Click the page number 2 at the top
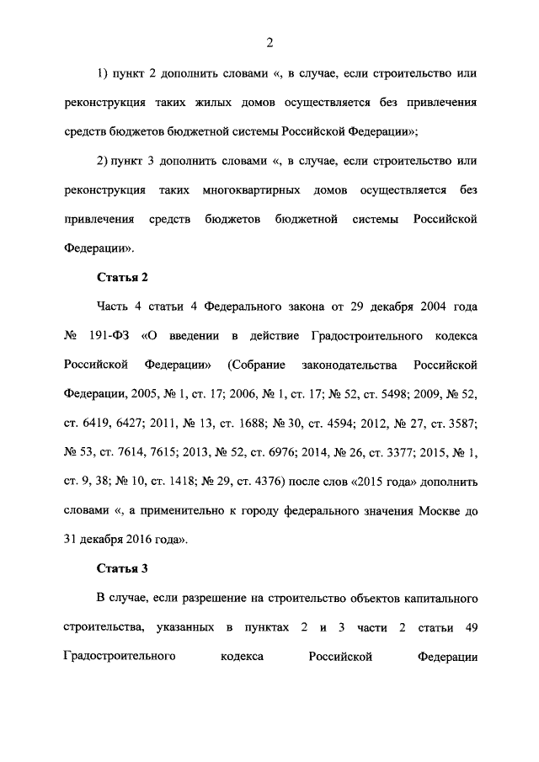(269, 44)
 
